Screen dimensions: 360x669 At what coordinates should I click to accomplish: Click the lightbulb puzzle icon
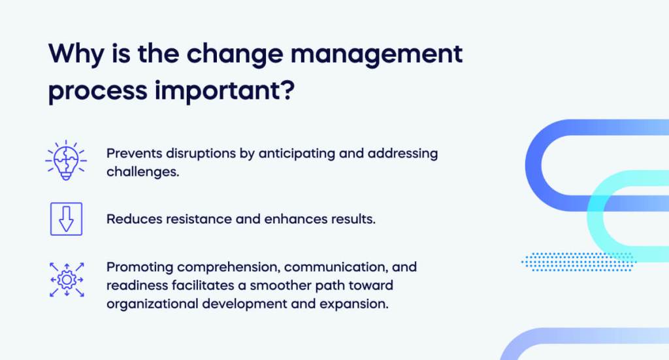[66, 159]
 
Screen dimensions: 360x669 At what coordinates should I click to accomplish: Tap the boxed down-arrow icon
[66, 219]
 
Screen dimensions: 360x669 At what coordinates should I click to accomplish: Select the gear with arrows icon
[66, 279]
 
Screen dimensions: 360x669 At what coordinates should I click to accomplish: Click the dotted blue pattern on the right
[578, 261]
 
